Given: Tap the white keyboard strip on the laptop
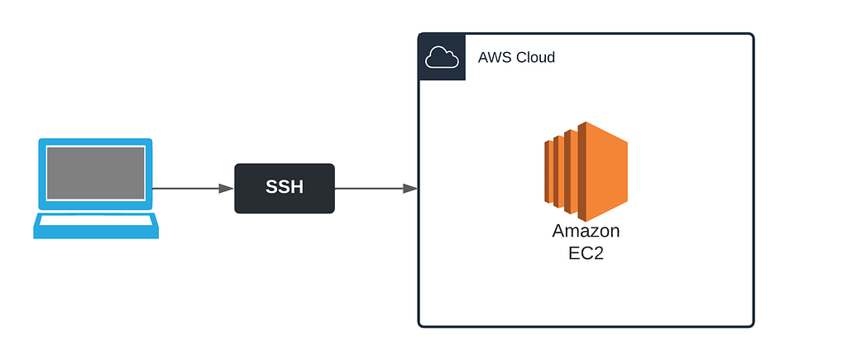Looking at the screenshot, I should pos(96,220).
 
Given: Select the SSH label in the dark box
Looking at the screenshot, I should pos(285,188).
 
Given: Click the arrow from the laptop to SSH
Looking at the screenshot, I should pos(190,189).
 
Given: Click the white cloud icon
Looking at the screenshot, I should pos(442,57).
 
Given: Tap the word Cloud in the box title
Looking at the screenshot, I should pos(535,58).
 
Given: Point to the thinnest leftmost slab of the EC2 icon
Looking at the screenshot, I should pos(548,170).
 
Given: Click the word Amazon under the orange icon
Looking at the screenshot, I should pos(586,231).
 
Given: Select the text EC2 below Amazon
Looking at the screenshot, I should pos(586,253).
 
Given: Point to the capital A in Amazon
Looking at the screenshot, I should pos(560,231).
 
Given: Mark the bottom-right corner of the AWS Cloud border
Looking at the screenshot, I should pos(752,325).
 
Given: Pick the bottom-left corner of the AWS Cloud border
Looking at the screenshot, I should pos(420,325).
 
